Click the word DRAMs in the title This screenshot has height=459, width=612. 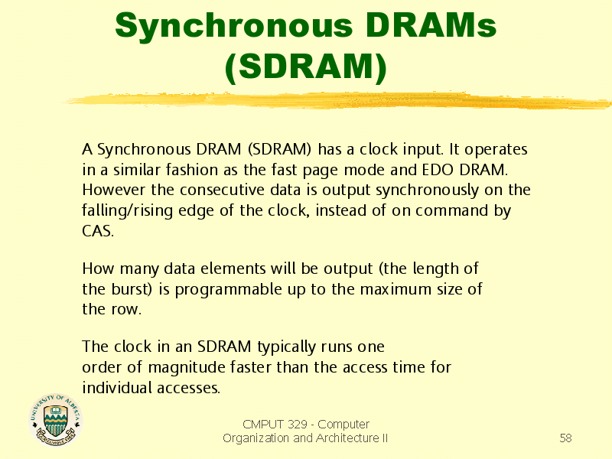coord(431,25)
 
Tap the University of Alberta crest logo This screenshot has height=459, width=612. coord(55,419)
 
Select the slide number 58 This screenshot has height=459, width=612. coord(565,438)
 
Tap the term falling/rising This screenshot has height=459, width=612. coord(127,211)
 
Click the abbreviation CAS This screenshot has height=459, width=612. coord(98,231)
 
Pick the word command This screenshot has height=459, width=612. coord(451,211)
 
